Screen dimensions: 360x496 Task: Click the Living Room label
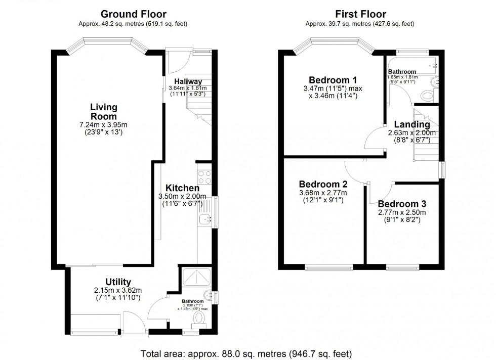[104, 112]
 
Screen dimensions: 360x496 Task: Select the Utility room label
[118, 282]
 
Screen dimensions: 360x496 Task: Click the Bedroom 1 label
[333, 80]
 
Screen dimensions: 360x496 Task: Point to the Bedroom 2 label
[322, 184]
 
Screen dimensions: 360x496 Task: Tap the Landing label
[408, 124]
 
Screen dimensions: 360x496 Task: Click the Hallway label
[188, 81]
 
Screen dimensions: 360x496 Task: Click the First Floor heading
[360, 14]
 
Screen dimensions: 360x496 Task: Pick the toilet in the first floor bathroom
[428, 95]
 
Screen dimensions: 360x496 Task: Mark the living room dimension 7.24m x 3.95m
[104, 125]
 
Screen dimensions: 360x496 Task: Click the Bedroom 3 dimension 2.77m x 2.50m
[401, 213]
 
